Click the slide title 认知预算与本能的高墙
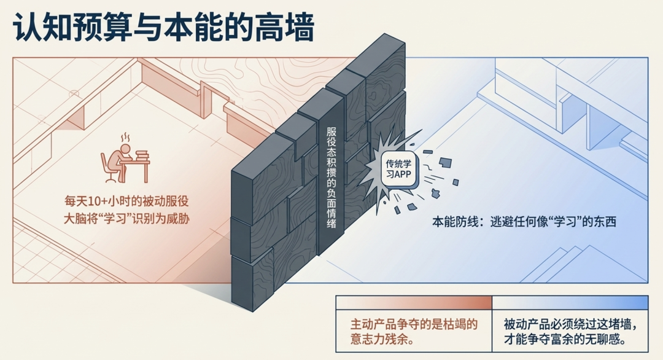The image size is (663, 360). (x=163, y=26)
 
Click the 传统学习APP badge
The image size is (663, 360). (x=399, y=169)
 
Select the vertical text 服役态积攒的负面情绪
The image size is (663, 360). (x=331, y=177)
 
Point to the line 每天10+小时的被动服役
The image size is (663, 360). (x=126, y=201)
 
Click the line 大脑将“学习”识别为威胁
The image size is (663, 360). (x=126, y=219)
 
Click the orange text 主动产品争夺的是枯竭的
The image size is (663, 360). (x=414, y=324)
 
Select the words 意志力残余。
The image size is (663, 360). (x=382, y=339)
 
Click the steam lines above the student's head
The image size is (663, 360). (x=126, y=138)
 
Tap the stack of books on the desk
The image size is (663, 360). (x=142, y=155)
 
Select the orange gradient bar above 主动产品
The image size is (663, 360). (x=414, y=302)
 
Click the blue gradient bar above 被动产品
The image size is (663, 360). (x=570, y=302)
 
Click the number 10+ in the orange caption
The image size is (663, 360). (x=98, y=202)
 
